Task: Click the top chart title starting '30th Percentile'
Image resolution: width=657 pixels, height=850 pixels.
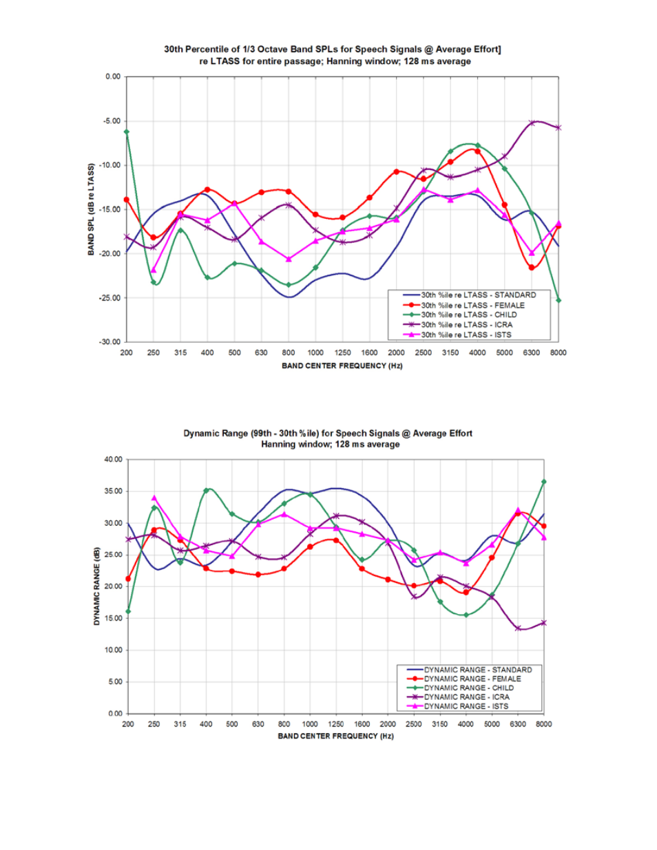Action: [332, 49]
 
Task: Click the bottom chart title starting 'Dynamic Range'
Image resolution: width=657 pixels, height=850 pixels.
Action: [328, 433]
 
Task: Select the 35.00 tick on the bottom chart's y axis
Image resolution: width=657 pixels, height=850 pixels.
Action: [113, 491]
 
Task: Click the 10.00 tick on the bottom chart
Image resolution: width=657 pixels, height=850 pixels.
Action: [113, 650]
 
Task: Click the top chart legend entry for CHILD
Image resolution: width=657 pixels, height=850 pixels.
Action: [468, 315]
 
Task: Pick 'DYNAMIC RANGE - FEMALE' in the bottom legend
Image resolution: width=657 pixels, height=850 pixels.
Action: [472, 679]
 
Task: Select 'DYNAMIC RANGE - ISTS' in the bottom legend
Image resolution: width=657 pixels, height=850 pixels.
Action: [466, 706]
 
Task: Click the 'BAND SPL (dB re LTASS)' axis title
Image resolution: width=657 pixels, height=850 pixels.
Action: [91, 209]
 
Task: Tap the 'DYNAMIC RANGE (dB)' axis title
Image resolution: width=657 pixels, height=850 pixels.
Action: [97, 586]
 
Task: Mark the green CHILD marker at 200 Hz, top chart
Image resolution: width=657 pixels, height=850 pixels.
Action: [127, 131]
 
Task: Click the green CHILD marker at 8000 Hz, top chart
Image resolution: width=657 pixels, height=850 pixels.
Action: [559, 300]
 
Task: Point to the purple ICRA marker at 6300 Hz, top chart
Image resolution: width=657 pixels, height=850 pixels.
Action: [532, 123]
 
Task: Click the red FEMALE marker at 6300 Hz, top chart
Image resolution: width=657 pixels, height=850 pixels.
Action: [532, 268]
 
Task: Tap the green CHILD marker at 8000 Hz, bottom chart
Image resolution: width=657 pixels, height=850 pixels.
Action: [544, 482]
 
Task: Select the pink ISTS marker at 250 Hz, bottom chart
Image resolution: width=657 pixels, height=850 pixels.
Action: [154, 498]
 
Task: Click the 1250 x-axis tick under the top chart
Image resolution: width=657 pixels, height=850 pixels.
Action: [342, 352]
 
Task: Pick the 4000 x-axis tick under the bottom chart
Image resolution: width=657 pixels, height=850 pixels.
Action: [466, 724]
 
